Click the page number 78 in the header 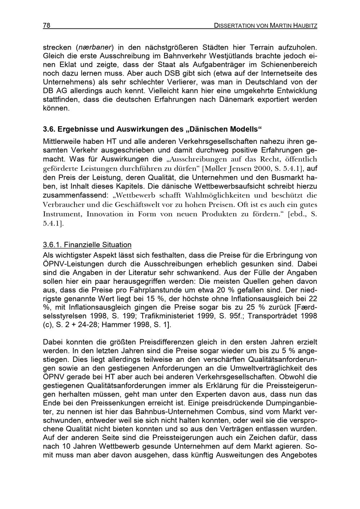click(x=46, y=26)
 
